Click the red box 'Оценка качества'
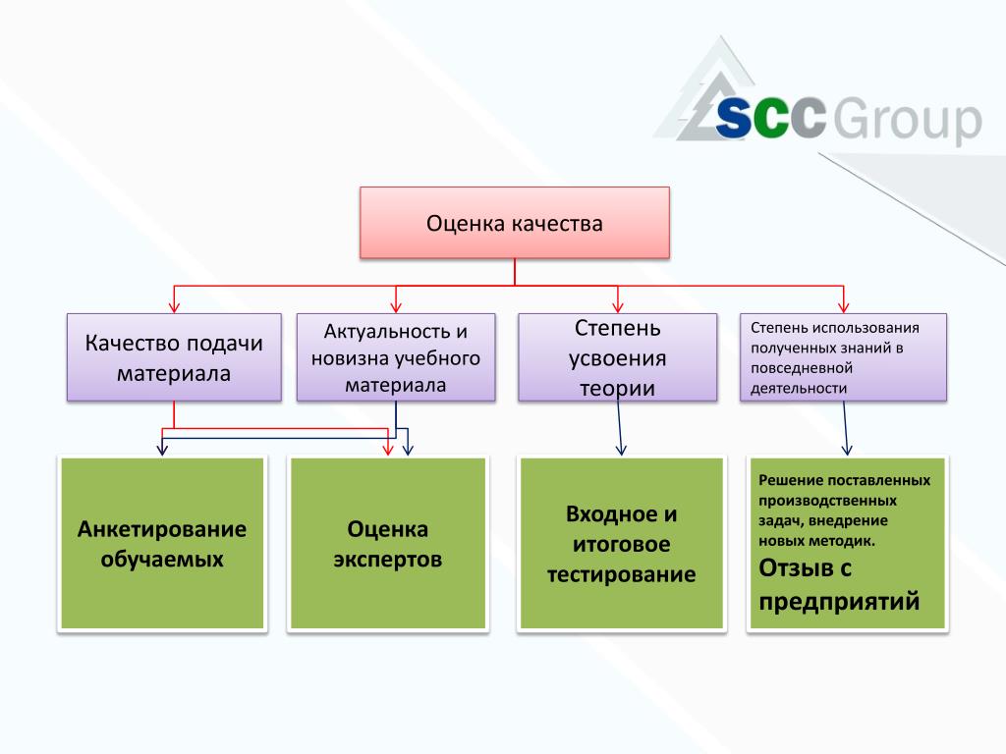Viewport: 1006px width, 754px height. [514, 224]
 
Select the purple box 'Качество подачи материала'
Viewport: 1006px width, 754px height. [174, 357]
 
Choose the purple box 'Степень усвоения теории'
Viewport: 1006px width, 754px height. [617, 357]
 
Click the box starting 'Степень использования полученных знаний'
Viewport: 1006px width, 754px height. [843, 357]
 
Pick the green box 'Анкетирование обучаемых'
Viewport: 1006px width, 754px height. [162, 544]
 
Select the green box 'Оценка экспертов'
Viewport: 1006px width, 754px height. [387, 544]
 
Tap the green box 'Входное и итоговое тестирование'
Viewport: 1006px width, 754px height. [621, 544]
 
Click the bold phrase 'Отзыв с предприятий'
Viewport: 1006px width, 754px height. [839, 584]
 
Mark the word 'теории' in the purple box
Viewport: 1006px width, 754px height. [617, 388]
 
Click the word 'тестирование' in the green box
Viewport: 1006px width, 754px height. [621, 574]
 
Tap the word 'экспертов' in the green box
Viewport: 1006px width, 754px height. [387, 560]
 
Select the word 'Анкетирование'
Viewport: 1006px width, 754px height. [162, 529]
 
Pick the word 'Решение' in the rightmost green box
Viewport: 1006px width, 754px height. [785, 481]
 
